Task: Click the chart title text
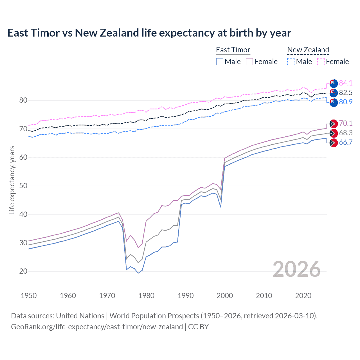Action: [149, 33]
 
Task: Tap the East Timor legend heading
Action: [233, 50]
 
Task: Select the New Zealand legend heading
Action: [308, 50]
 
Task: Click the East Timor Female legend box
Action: [249, 62]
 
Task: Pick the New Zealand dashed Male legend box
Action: [291, 62]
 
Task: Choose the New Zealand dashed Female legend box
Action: [321, 62]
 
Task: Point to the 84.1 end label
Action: [346, 83]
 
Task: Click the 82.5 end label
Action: [346, 93]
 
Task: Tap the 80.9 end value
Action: [346, 102]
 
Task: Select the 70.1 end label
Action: [346, 123]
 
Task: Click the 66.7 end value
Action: [346, 142]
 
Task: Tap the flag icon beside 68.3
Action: [333, 133]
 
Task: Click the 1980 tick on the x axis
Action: [146, 296]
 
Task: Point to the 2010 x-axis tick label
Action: [264, 296]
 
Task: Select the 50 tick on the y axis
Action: [23, 186]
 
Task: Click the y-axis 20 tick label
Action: [23, 271]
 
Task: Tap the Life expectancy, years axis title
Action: [12, 180]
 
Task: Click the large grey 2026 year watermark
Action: [297, 269]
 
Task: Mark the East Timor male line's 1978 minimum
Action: [138, 273]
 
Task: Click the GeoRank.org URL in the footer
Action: [97, 327]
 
